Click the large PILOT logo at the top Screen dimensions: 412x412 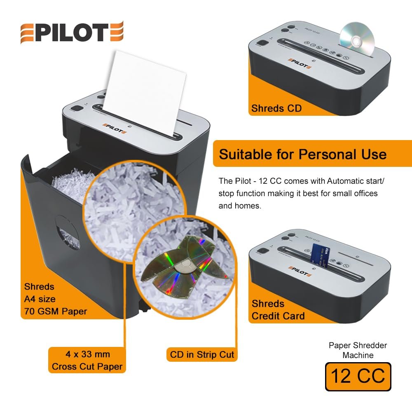coord(72,32)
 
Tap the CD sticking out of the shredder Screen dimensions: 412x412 coord(357,40)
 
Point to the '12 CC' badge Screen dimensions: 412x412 coord(358,377)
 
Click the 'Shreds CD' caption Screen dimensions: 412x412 coord(276,108)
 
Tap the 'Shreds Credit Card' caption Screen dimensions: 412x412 coord(278,310)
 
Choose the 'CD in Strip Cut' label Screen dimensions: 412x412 coord(202,354)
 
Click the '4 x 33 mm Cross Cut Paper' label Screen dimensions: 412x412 coord(87,360)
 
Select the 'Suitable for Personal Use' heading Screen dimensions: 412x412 coord(303,154)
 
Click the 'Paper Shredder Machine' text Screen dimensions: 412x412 coord(358,350)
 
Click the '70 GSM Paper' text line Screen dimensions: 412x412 coord(56,311)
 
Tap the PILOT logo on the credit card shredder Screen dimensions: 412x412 coord(300,271)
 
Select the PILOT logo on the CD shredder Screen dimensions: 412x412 coord(300,63)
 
